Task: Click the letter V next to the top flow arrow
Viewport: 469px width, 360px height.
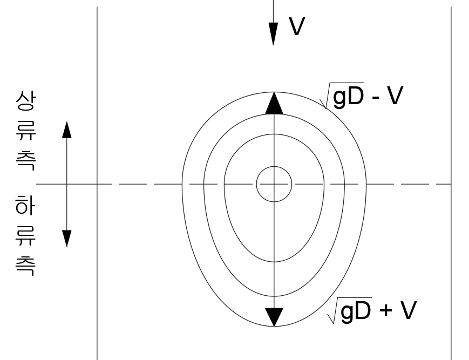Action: (x=297, y=26)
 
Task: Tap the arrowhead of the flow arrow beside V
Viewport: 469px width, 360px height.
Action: (x=273, y=34)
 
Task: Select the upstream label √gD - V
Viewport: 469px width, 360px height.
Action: (x=362, y=96)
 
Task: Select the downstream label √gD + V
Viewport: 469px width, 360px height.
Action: (x=372, y=310)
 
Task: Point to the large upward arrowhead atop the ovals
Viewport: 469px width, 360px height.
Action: (x=274, y=104)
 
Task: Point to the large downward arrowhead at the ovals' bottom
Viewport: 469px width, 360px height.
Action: (x=274, y=317)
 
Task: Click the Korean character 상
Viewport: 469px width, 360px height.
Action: (x=26, y=101)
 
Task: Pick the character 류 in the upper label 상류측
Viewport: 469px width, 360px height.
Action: (x=26, y=131)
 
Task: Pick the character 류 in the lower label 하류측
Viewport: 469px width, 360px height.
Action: (x=25, y=236)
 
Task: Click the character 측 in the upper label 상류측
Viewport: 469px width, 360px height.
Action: (x=26, y=161)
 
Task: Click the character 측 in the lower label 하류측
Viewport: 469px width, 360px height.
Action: (x=25, y=266)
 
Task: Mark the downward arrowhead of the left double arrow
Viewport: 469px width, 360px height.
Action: (x=67, y=239)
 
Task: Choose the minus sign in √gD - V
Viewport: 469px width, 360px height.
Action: (x=376, y=98)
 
